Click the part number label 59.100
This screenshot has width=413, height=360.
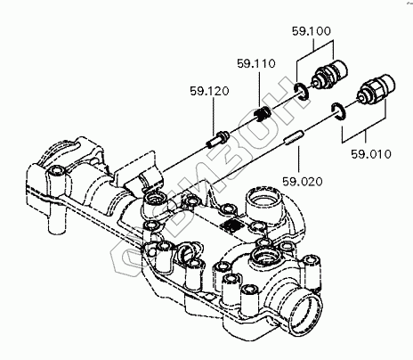click(x=312, y=31)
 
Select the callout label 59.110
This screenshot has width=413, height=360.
click(x=256, y=63)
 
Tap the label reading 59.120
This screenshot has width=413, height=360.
click(x=210, y=91)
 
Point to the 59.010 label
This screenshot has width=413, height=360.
click(x=371, y=154)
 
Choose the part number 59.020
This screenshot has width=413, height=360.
click(x=303, y=182)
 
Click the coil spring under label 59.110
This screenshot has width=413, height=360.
click(x=263, y=114)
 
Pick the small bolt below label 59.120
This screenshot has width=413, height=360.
click(x=217, y=139)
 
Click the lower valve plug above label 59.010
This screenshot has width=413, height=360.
click(x=377, y=88)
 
